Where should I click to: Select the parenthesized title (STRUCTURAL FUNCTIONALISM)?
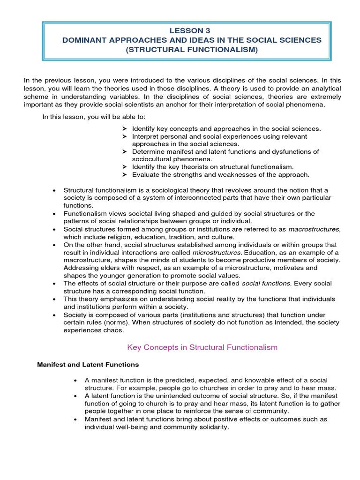pyautogui.click(x=192, y=50)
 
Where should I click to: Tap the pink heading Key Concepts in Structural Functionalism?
pyautogui.click(x=202, y=347)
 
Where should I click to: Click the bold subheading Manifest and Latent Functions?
pyautogui.click(x=88, y=365)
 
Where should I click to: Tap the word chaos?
pyautogui.click(x=115, y=330)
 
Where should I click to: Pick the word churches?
pyautogui.click(x=181, y=388)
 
